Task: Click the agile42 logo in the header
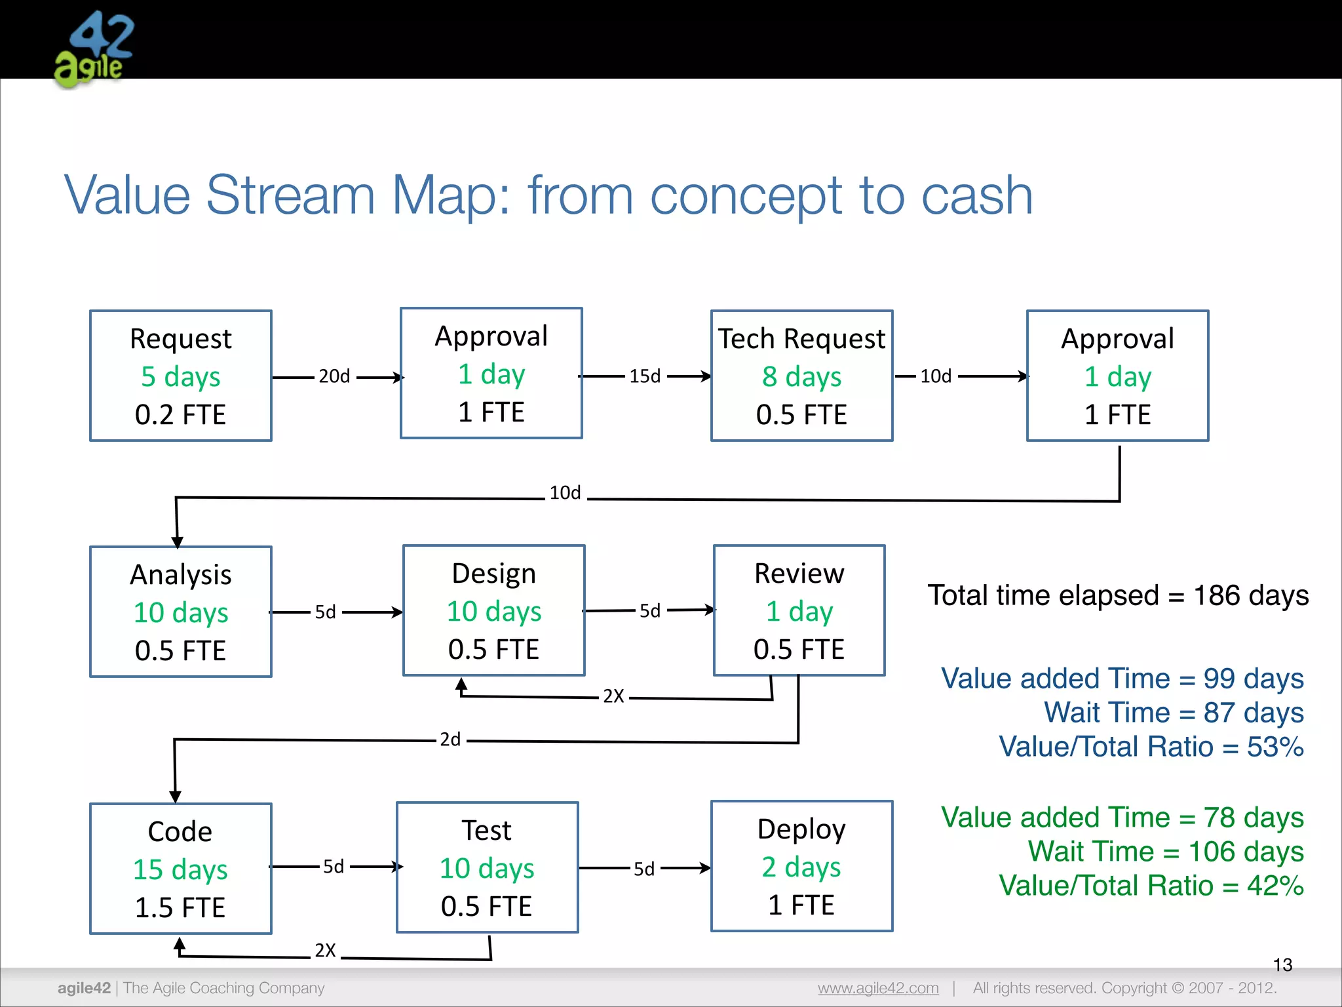[x=94, y=50]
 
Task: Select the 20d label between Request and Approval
[x=334, y=376]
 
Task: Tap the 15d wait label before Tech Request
[x=645, y=376]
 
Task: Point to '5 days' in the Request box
[x=181, y=377]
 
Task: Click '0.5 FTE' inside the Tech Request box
[x=801, y=415]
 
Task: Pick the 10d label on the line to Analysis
[x=565, y=493]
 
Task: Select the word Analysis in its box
[x=181, y=575]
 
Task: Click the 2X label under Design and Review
[x=613, y=696]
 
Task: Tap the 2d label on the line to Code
[x=450, y=740]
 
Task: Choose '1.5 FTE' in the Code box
[x=180, y=908]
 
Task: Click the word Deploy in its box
[x=801, y=829]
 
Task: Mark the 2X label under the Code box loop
[x=325, y=951]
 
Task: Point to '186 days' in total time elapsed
[x=1250, y=596]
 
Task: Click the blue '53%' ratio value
[x=1275, y=747]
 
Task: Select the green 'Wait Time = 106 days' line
[x=1165, y=852]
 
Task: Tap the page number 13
[x=1282, y=965]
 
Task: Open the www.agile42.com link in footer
[x=878, y=988]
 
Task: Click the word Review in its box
[x=799, y=574]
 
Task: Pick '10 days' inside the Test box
[x=487, y=869]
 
